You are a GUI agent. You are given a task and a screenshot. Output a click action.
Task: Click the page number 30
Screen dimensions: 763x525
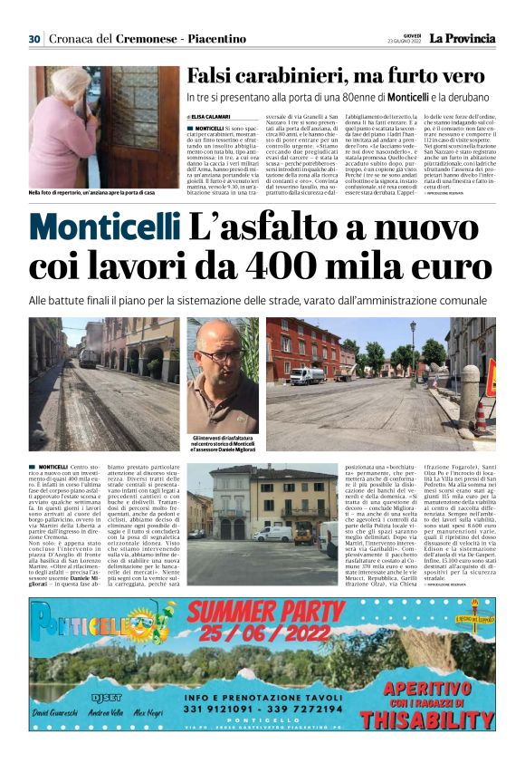point(34,39)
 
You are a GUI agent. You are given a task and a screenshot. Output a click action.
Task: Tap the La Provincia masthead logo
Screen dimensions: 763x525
point(462,39)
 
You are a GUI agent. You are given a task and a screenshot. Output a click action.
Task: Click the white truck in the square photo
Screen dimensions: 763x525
point(308,375)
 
